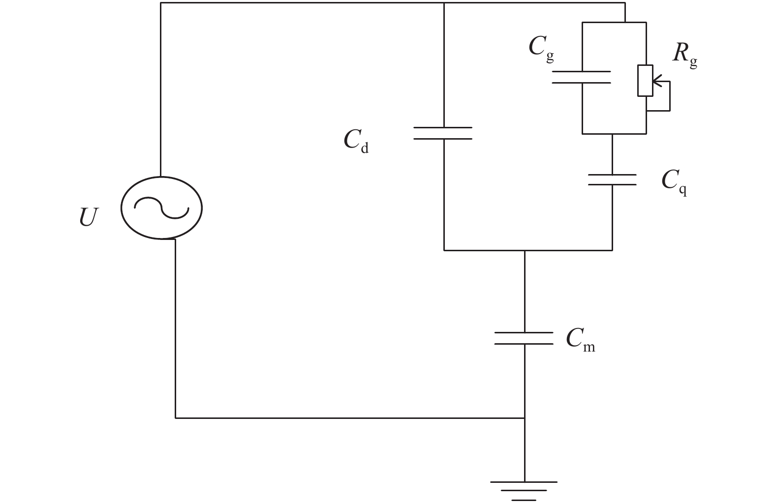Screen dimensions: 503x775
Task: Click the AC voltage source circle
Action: click(161, 208)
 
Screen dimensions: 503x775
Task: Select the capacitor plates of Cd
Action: click(443, 133)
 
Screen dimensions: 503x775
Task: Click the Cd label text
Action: click(356, 141)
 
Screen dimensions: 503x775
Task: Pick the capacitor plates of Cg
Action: click(582, 77)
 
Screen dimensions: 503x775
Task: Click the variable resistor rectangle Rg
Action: click(645, 80)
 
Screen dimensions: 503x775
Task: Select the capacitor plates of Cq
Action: click(612, 179)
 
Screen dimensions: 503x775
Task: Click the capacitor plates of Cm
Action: click(524, 338)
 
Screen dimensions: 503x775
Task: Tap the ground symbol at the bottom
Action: click(524, 490)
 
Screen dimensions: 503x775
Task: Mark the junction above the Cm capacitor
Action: click(524, 250)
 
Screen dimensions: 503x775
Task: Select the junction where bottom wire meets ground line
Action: click(524, 418)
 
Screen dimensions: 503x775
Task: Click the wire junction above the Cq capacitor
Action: click(612, 133)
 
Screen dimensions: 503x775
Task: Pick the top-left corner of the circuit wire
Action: click(161, 3)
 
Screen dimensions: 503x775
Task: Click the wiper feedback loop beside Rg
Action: click(669, 98)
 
